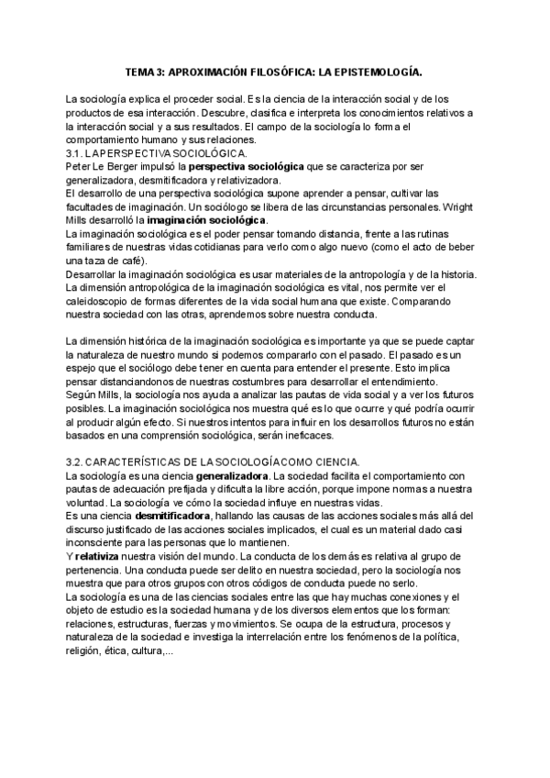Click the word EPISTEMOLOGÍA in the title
pyautogui.click(x=374, y=71)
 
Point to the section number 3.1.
pyautogui.click(x=75, y=152)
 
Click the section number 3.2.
pyautogui.click(x=75, y=461)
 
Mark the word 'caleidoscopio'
pyautogui.click(x=100, y=301)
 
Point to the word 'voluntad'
pyautogui.click(x=85, y=504)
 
